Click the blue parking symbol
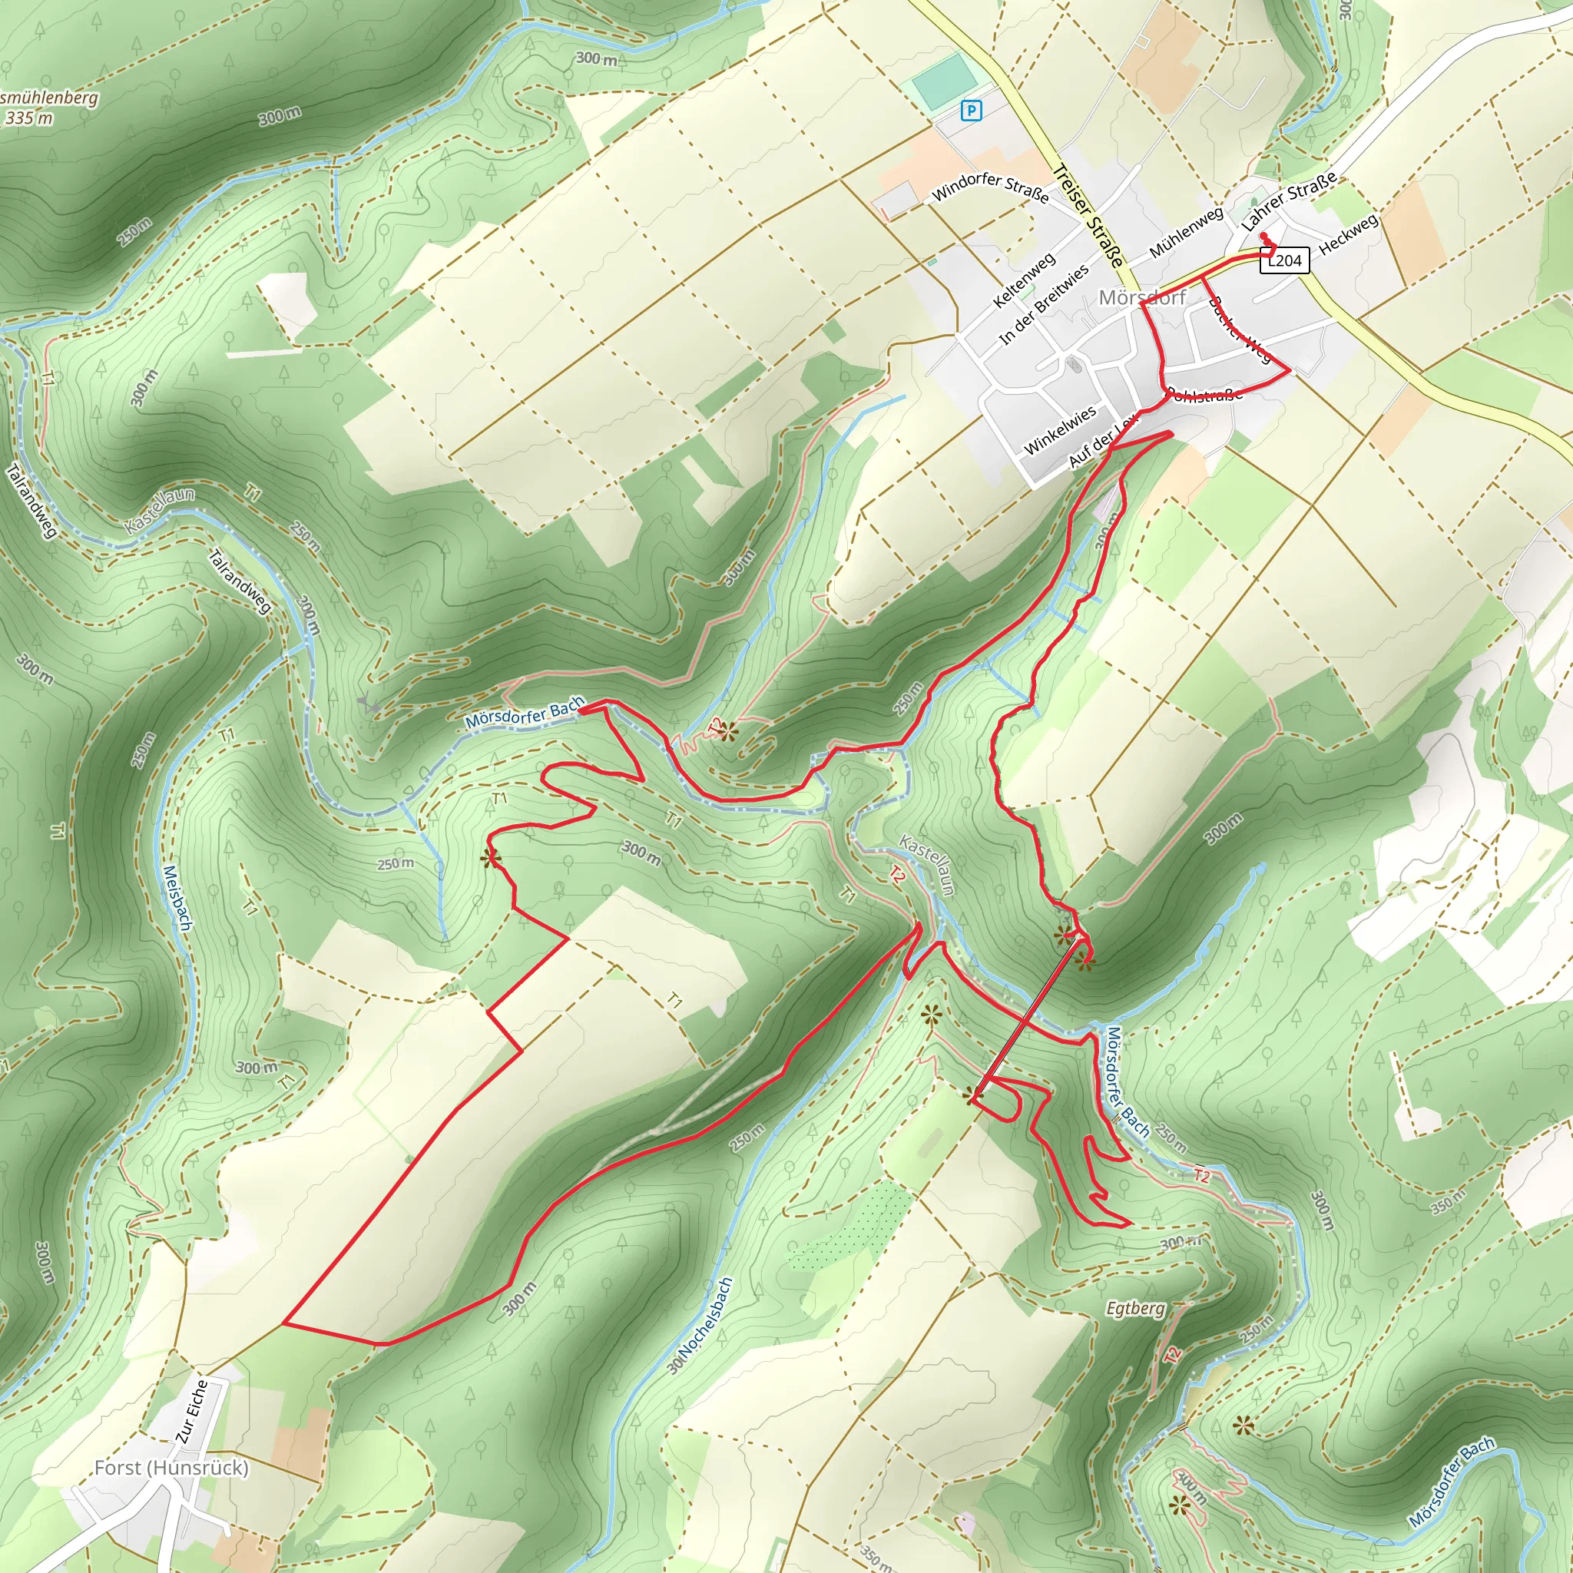point(971,110)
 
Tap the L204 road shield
point(1284,260)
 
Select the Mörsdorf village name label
point(1141,297)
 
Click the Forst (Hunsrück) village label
point(171,1467)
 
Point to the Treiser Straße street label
point(1088,216)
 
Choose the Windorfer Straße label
point(989,187)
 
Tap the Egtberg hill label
point(1135,1308)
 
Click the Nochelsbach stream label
point(702,1326)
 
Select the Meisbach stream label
point(177,898)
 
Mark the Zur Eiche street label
point(192,1412)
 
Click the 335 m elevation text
point(29,118)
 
